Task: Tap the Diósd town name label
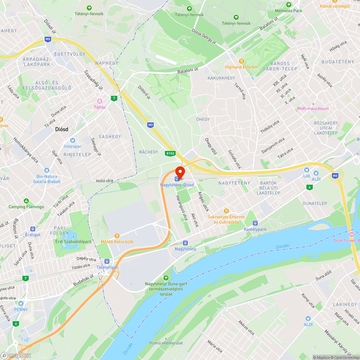[62, 129]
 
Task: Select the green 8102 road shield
[170, 153]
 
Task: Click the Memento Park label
[288, 11]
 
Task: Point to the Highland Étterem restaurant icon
[241, 61]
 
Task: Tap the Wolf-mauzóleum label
[313, 108]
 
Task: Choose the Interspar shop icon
[73, 140]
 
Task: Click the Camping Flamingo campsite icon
[26, 201]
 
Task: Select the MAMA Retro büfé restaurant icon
[117, 235]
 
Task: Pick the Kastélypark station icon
[255, 223]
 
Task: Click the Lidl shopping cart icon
[306, 170]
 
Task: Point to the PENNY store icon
[21, 303]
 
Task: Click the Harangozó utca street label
[181, 208]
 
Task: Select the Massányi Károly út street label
[335, 342]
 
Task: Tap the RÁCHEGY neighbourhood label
[149, 152]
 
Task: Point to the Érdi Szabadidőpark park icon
[73, 237]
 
